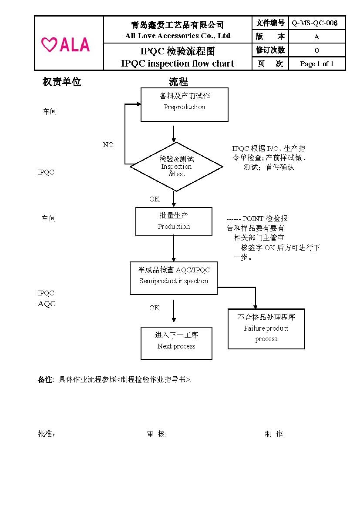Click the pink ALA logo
coord(66,44)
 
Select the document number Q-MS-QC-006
coord(315,23)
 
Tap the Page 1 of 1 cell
coord(317,64)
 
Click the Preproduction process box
coord(184,104)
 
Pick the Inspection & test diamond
coord(176,166)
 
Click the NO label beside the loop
coord(108,145)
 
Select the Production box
coord(174,221)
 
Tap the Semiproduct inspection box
coord(174,278)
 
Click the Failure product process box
coord(266,329)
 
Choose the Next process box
coord(176,343)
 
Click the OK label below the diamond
coord(155,199)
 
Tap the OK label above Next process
coord(155,308)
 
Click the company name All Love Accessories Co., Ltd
coord(178,36)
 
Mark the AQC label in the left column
coord(47,304)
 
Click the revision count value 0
coord(317,50)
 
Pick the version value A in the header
coord(317,37)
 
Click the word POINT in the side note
coord(252,218)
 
